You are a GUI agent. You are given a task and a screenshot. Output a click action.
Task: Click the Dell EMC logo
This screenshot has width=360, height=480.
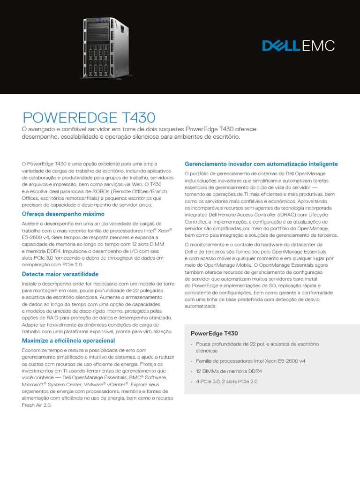(298, 45)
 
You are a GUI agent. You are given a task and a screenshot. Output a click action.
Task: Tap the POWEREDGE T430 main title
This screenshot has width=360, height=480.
(89, 117)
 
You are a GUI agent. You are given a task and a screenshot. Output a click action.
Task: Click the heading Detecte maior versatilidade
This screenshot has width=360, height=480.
(60, 274)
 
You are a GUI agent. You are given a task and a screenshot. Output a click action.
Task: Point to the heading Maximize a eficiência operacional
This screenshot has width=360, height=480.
(68, 340)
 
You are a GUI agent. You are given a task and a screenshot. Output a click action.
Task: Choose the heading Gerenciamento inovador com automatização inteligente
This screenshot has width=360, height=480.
(261, 164)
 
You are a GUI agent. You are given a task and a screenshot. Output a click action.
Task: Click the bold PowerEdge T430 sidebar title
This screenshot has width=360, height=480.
(214, 333)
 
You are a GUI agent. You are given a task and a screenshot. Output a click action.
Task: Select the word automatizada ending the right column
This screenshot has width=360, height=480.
(201, 306)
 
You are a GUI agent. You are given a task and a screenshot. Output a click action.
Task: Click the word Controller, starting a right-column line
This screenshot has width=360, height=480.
(197, 221)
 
